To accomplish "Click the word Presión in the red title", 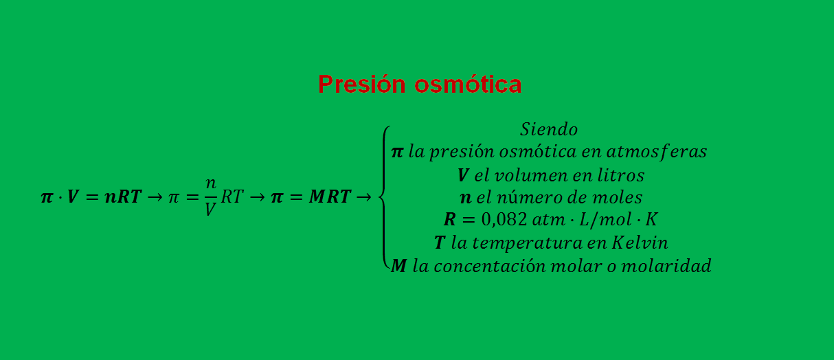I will (362, 85).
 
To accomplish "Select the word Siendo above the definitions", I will (548, 129).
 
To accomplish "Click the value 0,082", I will (505, 221).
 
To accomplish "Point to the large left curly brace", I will (385, 197).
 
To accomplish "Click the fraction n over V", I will (211, 197).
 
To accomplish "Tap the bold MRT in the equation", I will (330, 197).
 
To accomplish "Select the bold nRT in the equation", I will (123, 197).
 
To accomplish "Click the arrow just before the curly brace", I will (364, 197).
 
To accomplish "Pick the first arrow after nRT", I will (155, 197).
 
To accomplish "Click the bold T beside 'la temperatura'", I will (440, 243).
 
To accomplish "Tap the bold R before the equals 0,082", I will (450, 221).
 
